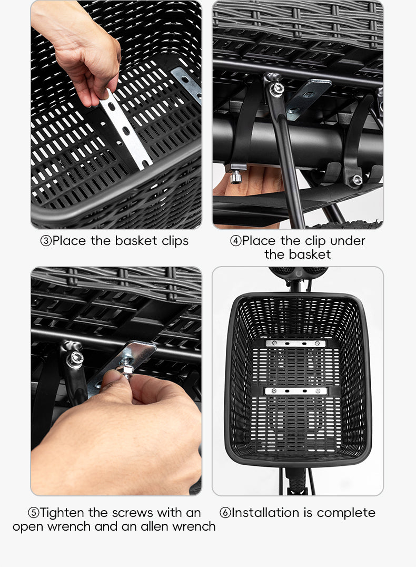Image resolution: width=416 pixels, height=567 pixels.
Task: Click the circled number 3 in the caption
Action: [46, 241]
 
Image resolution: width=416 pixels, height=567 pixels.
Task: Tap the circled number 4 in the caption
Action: [236, 241]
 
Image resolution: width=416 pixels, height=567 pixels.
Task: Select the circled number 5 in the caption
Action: [34, 513]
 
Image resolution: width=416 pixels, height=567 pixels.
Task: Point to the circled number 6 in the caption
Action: [225, 513]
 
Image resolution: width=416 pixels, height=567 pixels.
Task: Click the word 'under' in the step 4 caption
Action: [348, 241]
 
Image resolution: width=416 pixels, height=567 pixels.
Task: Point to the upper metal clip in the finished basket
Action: [295, 344]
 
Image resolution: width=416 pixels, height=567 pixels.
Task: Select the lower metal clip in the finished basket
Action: [295, 391]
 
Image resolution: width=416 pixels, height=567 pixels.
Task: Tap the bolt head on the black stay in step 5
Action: [74, 359]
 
